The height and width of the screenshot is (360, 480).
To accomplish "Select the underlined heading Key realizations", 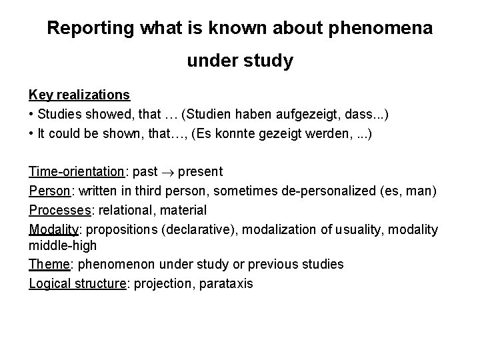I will point(79,95).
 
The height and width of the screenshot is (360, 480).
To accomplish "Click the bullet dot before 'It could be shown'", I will point(32,134).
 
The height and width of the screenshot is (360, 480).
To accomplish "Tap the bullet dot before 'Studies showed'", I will point(32,115).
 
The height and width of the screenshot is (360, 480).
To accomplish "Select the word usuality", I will point(345,229).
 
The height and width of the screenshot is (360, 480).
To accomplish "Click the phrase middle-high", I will point(63,245).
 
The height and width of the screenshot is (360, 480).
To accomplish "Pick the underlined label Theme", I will point(49,264).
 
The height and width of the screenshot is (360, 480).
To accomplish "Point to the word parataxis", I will point(226,283).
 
